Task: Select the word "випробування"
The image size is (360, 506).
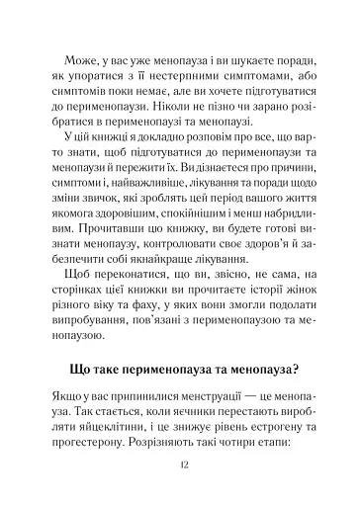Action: (x=88, y=371)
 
